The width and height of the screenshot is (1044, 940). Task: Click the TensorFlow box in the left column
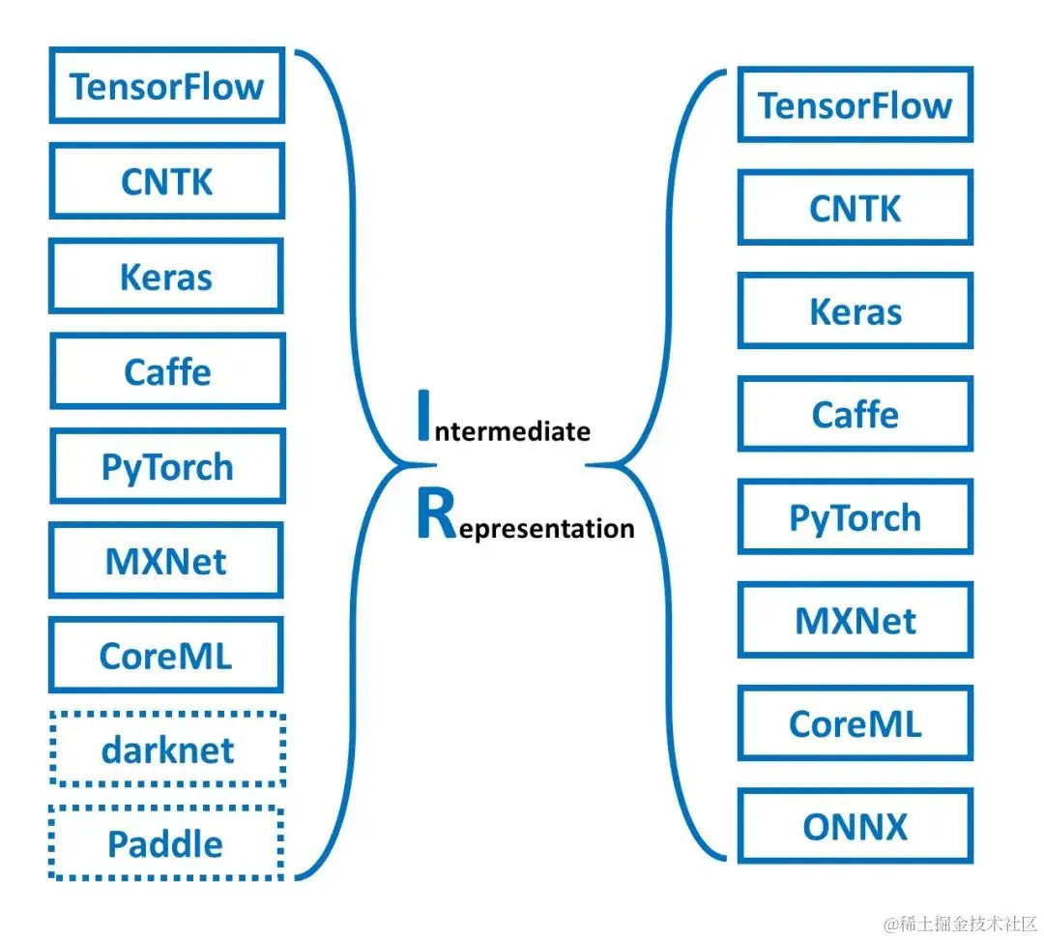[x=166, y=85]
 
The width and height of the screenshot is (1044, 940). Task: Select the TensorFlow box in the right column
[x=855, y=104]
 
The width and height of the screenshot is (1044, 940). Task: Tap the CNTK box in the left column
[x=166, y=181]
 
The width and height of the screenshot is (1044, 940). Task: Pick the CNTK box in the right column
[x=855, y=208]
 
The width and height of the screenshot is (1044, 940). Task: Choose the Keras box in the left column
[x=166, y=277]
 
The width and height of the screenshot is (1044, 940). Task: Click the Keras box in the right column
[x=855, y=311]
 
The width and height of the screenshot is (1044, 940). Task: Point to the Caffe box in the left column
[x=166, y=371]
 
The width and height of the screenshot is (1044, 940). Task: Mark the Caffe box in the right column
[x=855, y=415]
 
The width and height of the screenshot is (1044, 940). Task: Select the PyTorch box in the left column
[x=166, y=466]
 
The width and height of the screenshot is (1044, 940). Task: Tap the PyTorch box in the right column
[x=855, y=517]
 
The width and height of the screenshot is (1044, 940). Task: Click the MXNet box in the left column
[x=166, y=561]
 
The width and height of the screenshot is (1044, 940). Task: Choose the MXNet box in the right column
[x=855, y=620]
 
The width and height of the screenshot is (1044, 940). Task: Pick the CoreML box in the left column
[x=166, y=656]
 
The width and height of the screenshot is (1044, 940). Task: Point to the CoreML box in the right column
[x=855, y=723]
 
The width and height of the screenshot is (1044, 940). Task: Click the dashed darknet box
[x=166, y=749]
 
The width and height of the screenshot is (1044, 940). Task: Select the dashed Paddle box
[x=166, y=843]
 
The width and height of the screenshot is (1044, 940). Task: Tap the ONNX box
[x=855, y=827]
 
